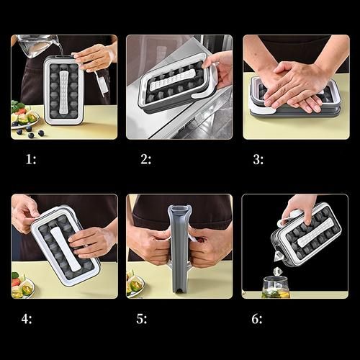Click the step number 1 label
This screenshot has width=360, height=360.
coord(31,159)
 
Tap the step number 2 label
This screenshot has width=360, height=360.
coord(145,159)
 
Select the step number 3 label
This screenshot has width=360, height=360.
coord(258,160)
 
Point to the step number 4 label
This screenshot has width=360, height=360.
coord(27,319)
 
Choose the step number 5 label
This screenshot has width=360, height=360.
coord(142,319)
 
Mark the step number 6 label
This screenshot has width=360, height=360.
coord(257,319)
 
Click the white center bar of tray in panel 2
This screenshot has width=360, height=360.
coord(171,79)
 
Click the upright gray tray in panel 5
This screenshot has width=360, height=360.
coord(179,249)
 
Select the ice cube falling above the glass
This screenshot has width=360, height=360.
coord(277,272)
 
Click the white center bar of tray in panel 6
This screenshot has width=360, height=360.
coord(315,233)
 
